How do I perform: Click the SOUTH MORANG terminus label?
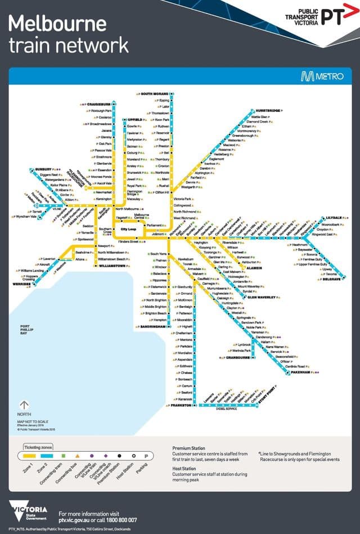click(x=155, y=93)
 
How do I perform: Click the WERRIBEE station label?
click(x=19, y=285)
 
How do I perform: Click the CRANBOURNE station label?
click(x=240, y=357)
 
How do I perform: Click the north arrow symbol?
click(x=24, y=405)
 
